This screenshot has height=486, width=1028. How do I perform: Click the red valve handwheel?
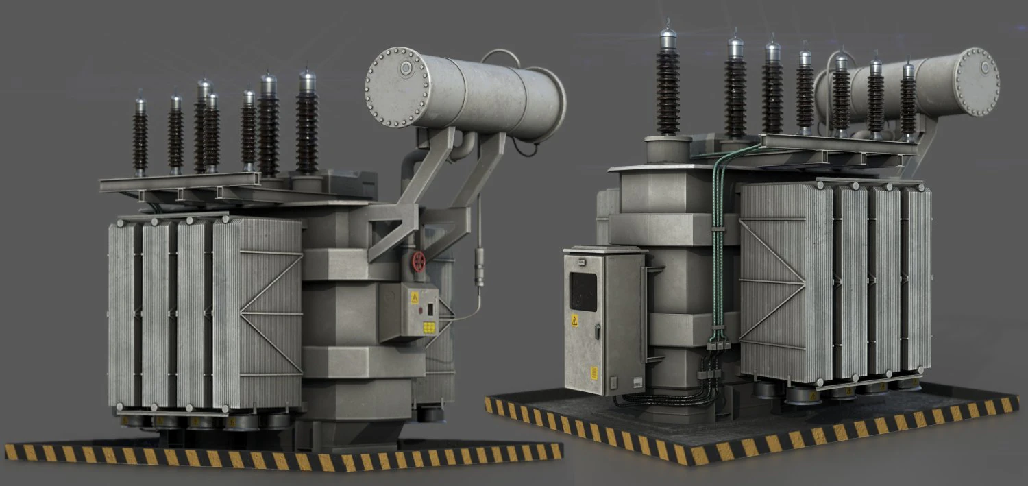point(418,260)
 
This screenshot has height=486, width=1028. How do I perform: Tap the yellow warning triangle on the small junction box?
point(414,297)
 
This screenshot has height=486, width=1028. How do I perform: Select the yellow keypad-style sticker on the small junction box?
point(429,327)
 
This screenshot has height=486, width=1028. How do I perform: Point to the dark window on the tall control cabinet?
point(583,291)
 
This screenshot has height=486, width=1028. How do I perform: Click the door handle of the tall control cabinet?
point(599,332)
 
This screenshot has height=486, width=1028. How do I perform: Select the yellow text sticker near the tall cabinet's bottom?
point(593,373)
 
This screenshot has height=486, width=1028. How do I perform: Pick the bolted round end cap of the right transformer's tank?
point(977,82)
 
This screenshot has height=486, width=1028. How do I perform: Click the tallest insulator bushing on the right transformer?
point(668,86)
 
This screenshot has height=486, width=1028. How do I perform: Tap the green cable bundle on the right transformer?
point(718,226)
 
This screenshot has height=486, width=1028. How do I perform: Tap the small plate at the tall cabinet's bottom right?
point(637,381)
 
